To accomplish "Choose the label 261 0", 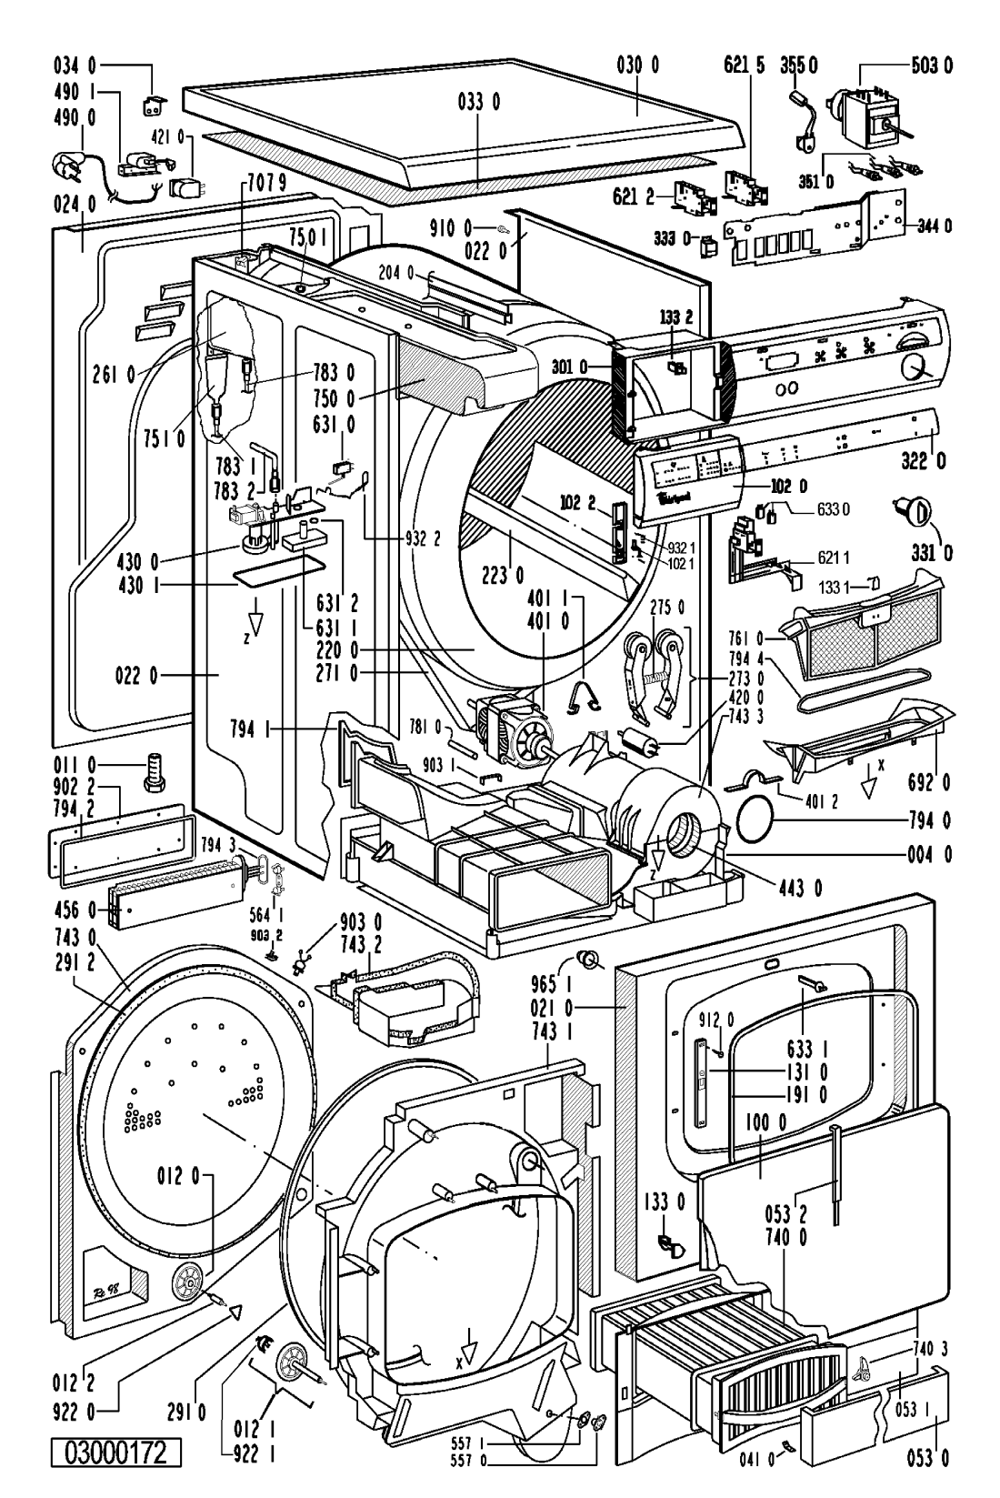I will click(x=113, y=372).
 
